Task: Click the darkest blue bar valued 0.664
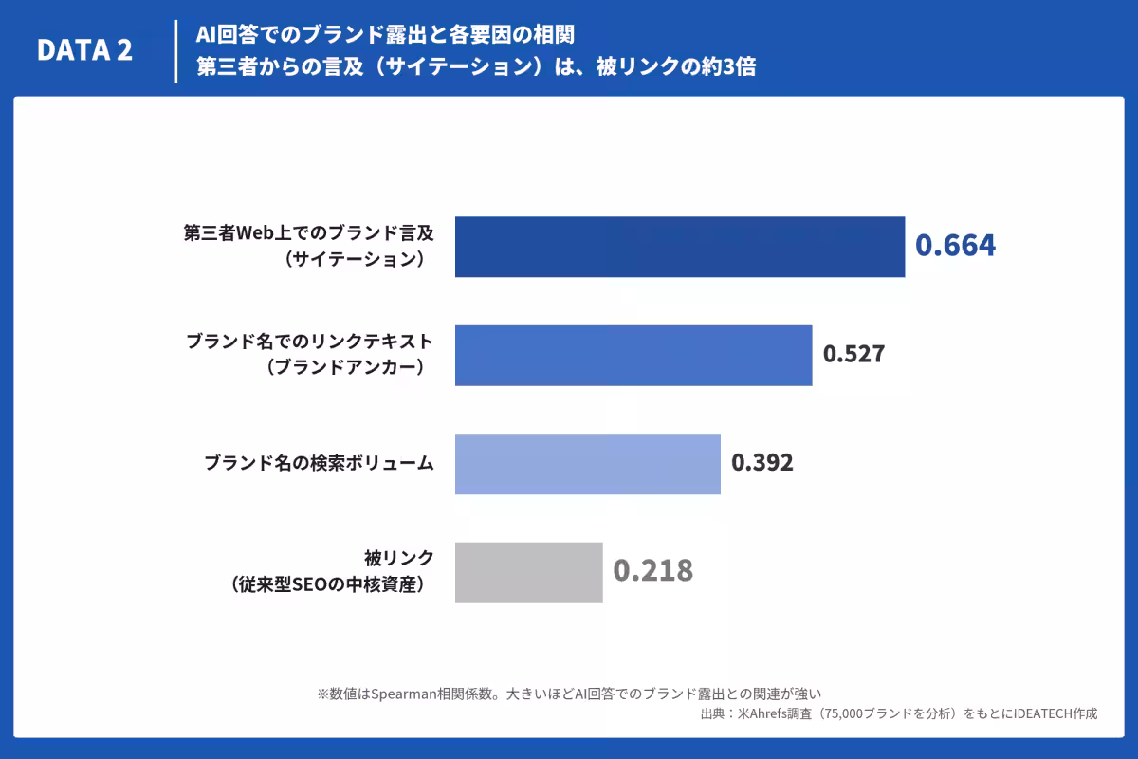tap(680, 247)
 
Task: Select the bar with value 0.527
tap(633, 356)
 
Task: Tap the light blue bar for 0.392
tap(588, 464)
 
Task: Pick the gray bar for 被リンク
tap(529, 572)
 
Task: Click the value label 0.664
tap(955, 245)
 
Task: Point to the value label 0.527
tap(854, 354)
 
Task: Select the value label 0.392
tap(762, 462)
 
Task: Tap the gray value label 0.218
tap(652, 570)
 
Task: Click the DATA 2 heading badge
tap(84, 50)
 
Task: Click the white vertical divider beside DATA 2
tap(176, 51)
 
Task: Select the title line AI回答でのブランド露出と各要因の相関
tap(385, 34)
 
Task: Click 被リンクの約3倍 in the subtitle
tap(676, 66)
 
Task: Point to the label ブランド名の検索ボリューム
tap(319, 463)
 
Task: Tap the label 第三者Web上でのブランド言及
tap(309, 232)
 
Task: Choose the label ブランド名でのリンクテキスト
tap(310, 342)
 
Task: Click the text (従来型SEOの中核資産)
tap(328, 584)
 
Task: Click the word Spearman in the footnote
tap(404, 694)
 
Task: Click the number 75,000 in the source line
tap(843, 714)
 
